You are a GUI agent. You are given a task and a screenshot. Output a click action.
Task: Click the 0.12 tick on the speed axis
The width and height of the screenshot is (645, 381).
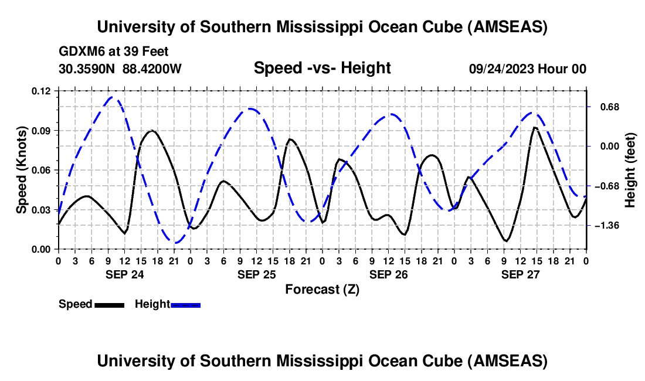pos(42,91)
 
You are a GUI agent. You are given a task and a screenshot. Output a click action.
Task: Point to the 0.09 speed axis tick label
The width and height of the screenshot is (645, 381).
pos(42,131)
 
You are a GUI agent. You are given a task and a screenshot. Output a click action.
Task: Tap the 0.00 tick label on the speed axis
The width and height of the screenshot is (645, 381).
pos(42,250)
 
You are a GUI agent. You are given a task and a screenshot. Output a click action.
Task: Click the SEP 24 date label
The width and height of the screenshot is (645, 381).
pos(124,274)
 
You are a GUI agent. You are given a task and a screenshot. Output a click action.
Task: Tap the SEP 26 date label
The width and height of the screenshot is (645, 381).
pos(388,274)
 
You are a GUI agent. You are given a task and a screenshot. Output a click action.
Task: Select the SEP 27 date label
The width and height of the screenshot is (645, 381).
pos(520,274)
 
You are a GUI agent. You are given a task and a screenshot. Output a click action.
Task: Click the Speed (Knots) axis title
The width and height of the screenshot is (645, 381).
pos(22,170)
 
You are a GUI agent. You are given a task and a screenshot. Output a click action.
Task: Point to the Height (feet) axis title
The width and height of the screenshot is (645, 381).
pos(630,170)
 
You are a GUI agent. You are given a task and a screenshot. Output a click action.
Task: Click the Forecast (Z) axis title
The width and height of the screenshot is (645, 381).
pos(322,289)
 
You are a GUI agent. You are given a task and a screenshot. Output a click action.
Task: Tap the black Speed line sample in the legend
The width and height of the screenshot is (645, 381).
pos(109,305)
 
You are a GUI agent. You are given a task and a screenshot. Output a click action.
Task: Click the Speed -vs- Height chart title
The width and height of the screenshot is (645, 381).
pos(322,69)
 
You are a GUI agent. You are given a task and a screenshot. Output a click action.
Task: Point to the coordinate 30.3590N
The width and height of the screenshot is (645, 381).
pos(87,69)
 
